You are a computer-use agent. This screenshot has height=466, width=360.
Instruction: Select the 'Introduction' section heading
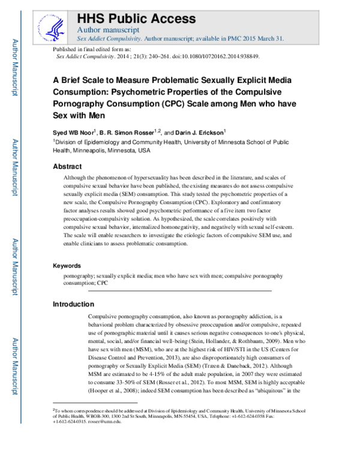point(73,304)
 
